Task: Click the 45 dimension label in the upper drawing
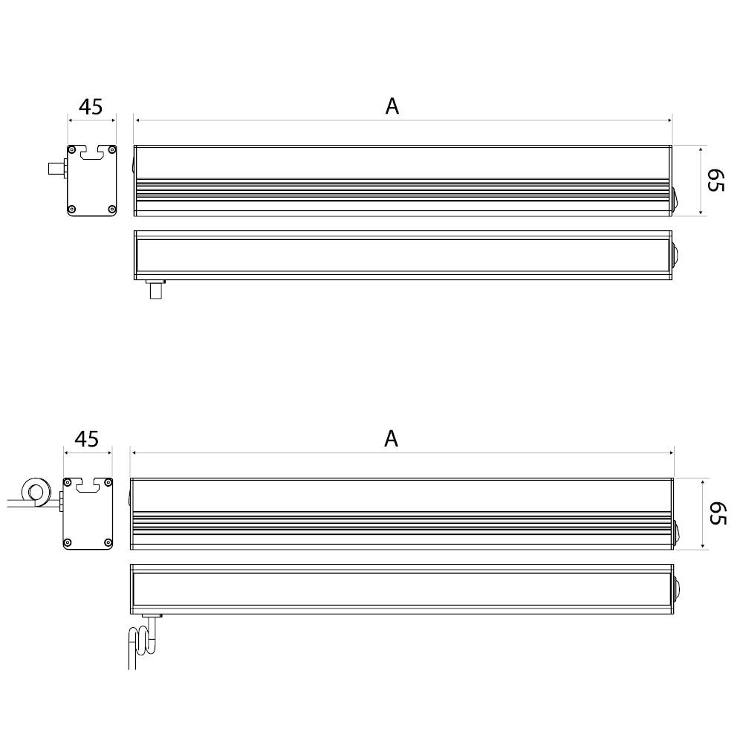click(91, 107)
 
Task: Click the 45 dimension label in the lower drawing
click(87, 439)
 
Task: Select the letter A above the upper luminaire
click(392, 106)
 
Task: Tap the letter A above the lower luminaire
click(392, 439)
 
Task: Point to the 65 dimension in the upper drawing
click(715, 181)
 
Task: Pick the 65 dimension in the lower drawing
click(715, 513)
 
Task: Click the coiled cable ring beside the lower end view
click(34, 491)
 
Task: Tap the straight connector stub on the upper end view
click(56, 169)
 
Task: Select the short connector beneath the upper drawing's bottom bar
click(155, 288)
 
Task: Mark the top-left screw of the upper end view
click(72, 149)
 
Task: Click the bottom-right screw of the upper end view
click(111, 209)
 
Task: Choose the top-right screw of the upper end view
click(111, 149)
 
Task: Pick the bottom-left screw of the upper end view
click(72, 209)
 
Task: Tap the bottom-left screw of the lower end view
click(68, 542)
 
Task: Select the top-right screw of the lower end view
click(108, 483)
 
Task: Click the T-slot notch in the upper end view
click(92, 153)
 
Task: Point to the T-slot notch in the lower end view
click(88, 486)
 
